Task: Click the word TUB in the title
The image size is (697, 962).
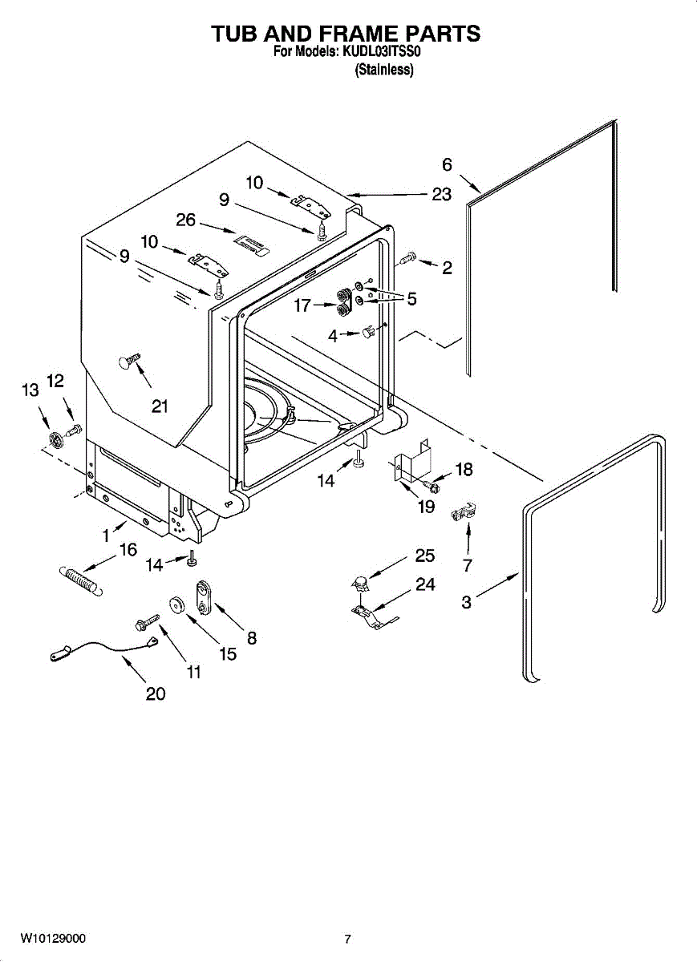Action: (239, 34)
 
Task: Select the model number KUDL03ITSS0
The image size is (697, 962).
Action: (381, 52)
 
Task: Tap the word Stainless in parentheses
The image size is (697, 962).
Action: (384, 70)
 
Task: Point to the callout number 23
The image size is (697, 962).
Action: (441, 195)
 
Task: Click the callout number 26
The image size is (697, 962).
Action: (185, 220)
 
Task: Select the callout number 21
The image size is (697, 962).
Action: (160, 406)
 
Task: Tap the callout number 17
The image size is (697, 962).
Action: (302, 305)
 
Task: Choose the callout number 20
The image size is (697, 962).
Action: (156, 693)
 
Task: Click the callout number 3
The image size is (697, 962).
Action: (466, 602)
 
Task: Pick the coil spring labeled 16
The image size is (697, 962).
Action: (80, 580)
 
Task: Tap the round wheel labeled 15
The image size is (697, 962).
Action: (176, 606)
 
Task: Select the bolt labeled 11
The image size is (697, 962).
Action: (147, 623)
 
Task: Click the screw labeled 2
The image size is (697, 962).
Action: (407, 258)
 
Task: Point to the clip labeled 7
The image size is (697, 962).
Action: (464, 511)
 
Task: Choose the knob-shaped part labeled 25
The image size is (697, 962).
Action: (359, 583)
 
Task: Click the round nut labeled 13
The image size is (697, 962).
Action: (55, 441)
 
